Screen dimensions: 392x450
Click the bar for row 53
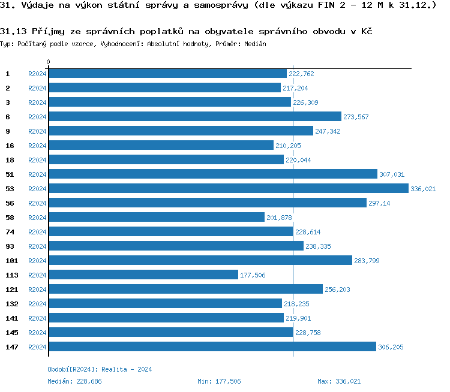[228, 189]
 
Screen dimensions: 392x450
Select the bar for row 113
[143, 275]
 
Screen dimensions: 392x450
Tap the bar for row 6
[194, 117]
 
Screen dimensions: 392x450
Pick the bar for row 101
[200, 261]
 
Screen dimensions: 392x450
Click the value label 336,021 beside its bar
[423, 189]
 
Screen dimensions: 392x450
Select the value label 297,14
[379, 203]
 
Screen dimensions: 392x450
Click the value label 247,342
[328, 131]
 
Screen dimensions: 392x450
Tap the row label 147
[12, 347]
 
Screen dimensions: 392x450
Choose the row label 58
[10, 218]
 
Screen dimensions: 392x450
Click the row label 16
[10, 146]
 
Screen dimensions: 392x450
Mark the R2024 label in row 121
[37, 290]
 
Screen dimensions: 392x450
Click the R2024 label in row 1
[37, 74]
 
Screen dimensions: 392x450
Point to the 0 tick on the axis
[49, 62]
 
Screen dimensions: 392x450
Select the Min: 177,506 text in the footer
[219, 381]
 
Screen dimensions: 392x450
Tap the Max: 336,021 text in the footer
[339, 381]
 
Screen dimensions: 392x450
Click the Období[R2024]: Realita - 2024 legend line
[100, 369]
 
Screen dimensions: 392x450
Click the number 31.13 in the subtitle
[13, 31]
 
